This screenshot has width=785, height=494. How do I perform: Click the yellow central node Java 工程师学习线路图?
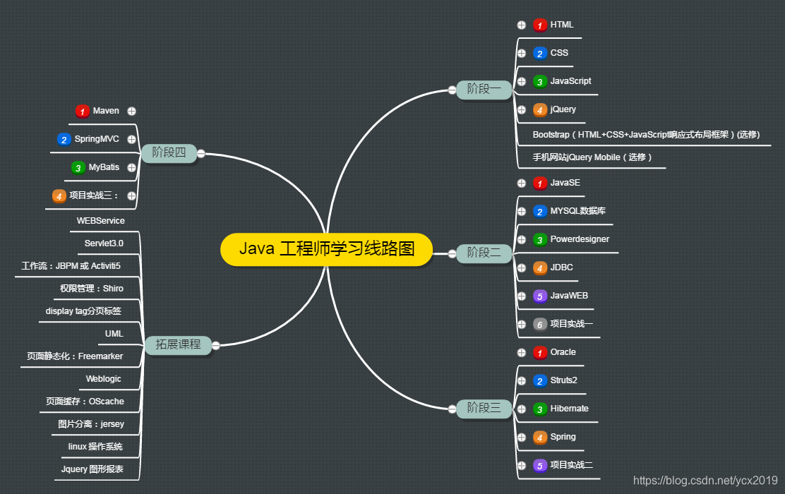tap(326, 249)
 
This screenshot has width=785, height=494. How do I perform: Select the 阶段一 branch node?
tap(484, 89)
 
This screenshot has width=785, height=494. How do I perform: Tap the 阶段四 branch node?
tap(169, 152)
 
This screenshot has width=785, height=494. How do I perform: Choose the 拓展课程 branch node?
tap(178, 345)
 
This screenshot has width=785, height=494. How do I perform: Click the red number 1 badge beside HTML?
tap(540, 25)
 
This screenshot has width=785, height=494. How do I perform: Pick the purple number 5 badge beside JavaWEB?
tap(540, 296)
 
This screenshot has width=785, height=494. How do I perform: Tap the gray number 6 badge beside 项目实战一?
tap(540, 325)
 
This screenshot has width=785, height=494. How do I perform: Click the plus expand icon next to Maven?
tap(131, 111)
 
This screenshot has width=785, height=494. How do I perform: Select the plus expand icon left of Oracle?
tap(522, 352)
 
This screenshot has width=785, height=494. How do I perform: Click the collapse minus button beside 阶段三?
tap(452, 409)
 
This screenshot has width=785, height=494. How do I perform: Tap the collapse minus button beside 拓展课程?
tap(216, 345)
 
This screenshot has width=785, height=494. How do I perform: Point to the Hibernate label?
tap(569, 409)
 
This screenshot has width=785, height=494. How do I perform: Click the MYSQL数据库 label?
tap(577, 211)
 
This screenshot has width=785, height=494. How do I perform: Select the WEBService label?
tap(100, 221)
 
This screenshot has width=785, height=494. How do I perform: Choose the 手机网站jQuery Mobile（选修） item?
tap(592, 157)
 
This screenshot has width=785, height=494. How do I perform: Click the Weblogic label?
tap(103, 379)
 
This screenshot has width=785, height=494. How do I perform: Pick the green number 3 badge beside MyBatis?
tap(78, 168)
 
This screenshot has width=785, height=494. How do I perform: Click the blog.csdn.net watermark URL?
tap(705, 481)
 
